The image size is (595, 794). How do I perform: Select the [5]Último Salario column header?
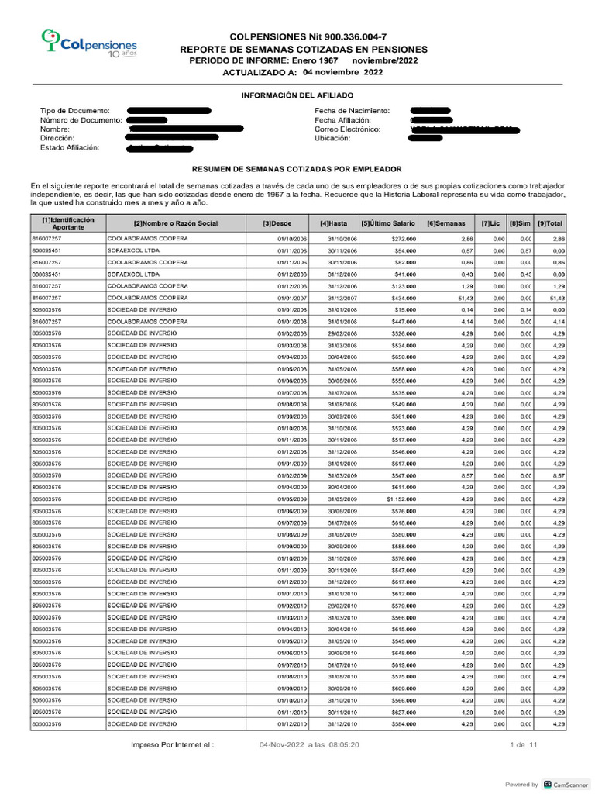388,224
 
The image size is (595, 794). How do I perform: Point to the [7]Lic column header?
491,224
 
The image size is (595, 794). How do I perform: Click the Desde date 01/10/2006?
292,240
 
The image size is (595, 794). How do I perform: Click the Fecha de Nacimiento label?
352,112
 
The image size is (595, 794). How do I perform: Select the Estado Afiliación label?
70,147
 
